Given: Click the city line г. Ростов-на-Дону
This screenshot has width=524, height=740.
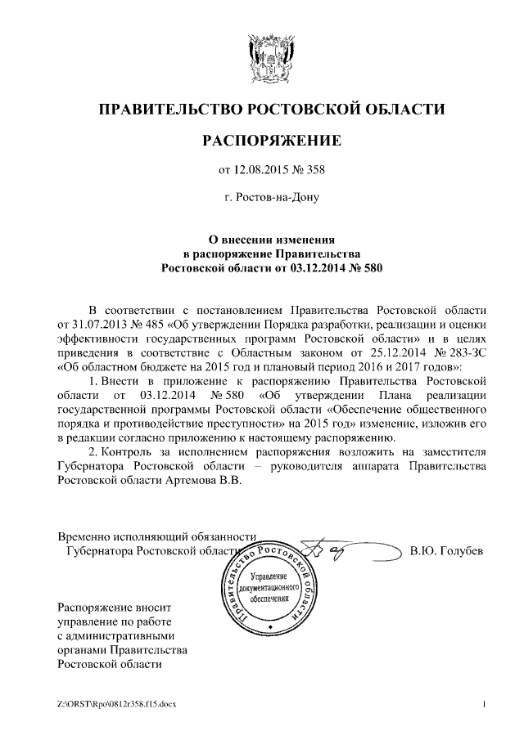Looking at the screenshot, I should pos(271,197).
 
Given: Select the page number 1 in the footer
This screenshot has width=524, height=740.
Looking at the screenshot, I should pos(485,705).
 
